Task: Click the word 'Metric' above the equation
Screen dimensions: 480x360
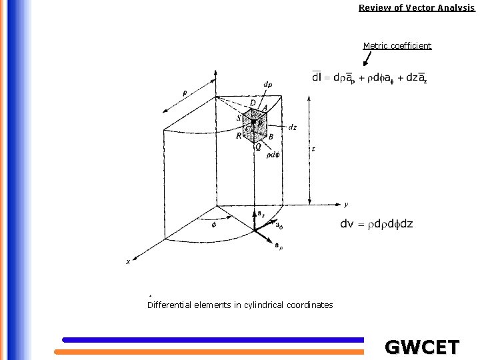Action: pos(375,45)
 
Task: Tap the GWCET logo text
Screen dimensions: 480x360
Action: pos(422,347)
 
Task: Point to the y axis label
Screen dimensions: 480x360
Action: pos(346,203)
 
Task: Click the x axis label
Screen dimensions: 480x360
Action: pos(128,261)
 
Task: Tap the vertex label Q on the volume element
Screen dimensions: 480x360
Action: pos(258,147)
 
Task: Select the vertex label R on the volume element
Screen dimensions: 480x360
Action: pos(239,135)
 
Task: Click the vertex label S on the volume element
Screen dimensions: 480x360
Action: pos(239,118)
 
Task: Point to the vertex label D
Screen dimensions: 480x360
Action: pos(253,102)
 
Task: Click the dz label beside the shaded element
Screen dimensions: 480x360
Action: pos(293,127)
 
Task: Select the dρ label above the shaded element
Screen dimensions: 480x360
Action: pos(267,85)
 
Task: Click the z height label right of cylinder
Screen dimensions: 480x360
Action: pos(313,149)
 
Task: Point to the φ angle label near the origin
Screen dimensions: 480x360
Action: pos(213,224)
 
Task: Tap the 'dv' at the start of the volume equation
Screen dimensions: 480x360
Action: pos(347,223)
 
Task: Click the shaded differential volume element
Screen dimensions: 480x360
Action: pos(256,126)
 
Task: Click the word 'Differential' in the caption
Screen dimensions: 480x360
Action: pos(169,305)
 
